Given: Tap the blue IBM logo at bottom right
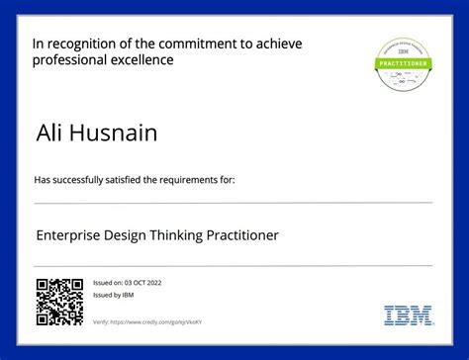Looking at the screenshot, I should coord(406,315).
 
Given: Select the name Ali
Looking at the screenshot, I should coord(48,132).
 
